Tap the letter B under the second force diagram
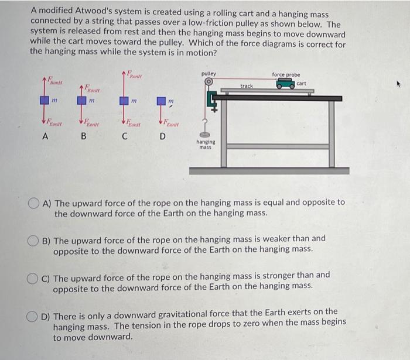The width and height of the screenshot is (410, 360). pos(83,138)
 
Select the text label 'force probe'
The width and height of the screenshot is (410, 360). pos(286,74)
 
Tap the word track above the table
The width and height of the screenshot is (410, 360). pos(247,86)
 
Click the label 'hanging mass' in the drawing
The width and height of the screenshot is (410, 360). pos(206,145)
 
